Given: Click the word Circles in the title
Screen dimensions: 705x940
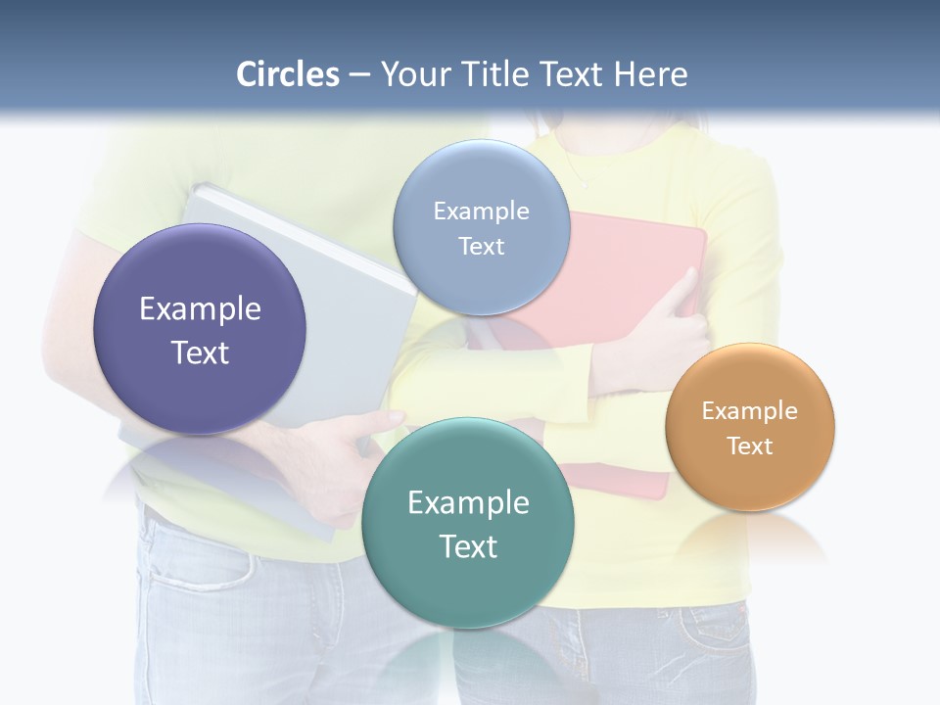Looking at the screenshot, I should tap(288, 74).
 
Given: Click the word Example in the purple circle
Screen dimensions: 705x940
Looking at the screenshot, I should tap(200, 308).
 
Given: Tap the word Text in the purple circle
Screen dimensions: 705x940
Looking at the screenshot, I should tap(200, 352).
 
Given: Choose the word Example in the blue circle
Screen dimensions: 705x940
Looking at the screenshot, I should tap(481, 211).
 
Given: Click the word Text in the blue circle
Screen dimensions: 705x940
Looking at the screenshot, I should tap(481, 246).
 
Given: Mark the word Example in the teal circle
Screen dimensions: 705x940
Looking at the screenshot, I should tap(468, 502).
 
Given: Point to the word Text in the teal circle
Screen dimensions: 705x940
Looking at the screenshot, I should tap(468, 546).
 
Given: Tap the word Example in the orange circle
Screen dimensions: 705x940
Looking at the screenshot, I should tap(750, 410).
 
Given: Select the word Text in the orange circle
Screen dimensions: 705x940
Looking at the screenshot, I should tap(750, 446).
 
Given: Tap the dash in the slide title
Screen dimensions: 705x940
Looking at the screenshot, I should tap(359, 75).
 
